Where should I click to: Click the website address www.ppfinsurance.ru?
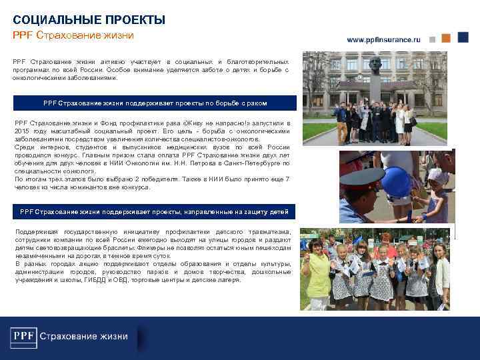[x=383, y=40]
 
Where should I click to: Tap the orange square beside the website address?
[x=446, y=38]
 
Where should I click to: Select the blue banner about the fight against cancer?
[x=155, y=103]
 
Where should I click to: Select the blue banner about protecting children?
[x=155, y=212]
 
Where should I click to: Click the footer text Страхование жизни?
[x=84, y=336]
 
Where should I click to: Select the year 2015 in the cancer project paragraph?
[x=23, y=132]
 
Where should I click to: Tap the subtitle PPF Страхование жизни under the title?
[x=73, y=35]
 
